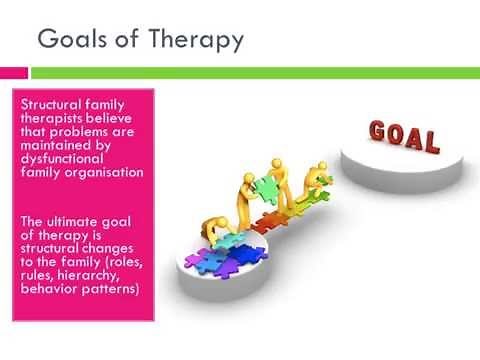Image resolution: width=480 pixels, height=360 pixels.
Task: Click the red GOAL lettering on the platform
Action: tap(405, 136)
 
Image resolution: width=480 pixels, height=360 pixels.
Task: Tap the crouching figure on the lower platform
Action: tap(212, 231)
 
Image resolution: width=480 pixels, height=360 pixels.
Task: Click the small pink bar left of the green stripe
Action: tap(13, 72)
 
